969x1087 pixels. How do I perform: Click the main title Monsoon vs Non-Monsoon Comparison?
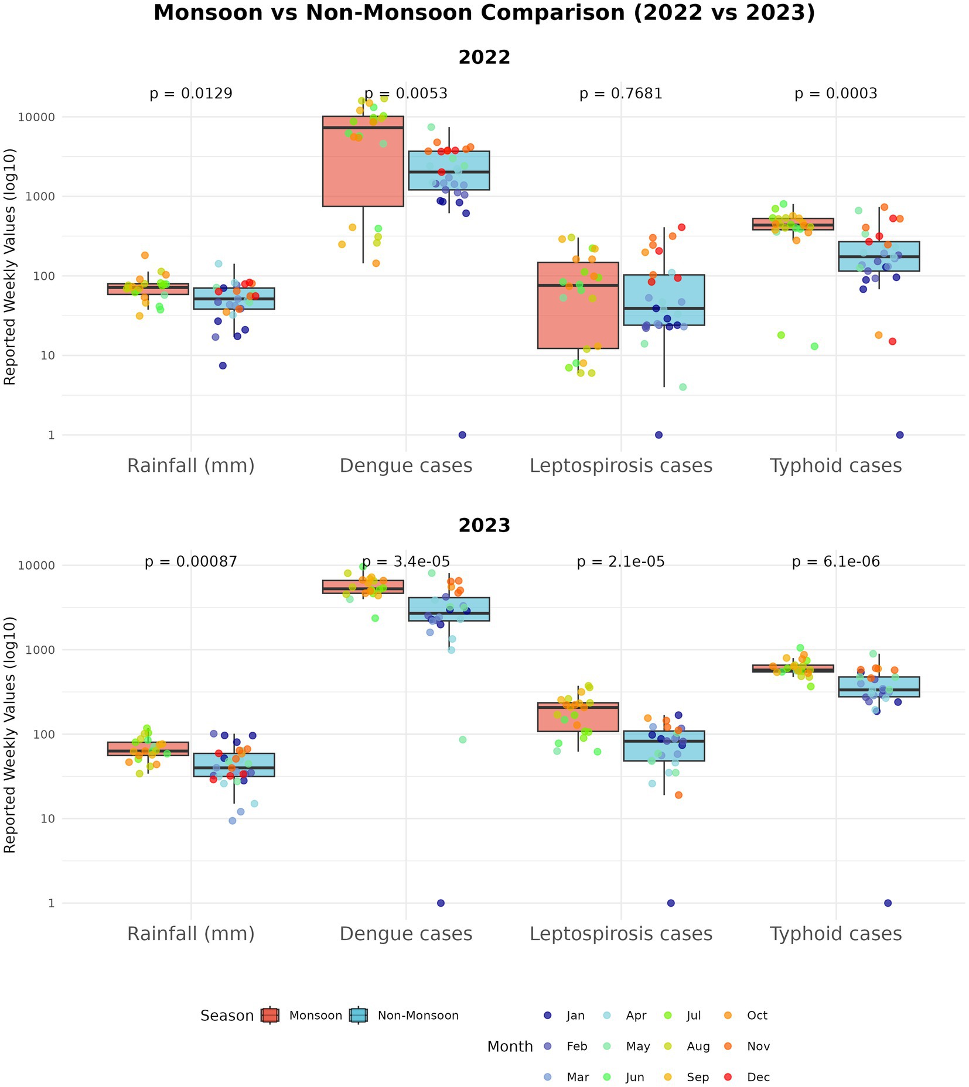484,13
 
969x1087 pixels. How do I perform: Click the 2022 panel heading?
484,57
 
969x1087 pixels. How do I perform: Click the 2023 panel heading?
484,526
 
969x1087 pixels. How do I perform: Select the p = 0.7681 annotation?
620,94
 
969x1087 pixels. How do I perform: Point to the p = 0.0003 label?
835,94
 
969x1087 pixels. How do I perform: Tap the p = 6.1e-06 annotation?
835,562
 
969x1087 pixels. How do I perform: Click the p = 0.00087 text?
191,562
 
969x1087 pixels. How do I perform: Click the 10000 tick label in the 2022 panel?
37,117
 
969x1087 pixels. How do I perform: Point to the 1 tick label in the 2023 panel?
51,903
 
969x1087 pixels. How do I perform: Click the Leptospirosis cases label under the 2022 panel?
620,466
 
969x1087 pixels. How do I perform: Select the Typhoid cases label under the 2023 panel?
835,934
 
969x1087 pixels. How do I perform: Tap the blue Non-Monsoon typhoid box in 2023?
878,687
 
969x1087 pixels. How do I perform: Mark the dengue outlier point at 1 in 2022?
462,435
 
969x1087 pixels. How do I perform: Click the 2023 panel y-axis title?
10,735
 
